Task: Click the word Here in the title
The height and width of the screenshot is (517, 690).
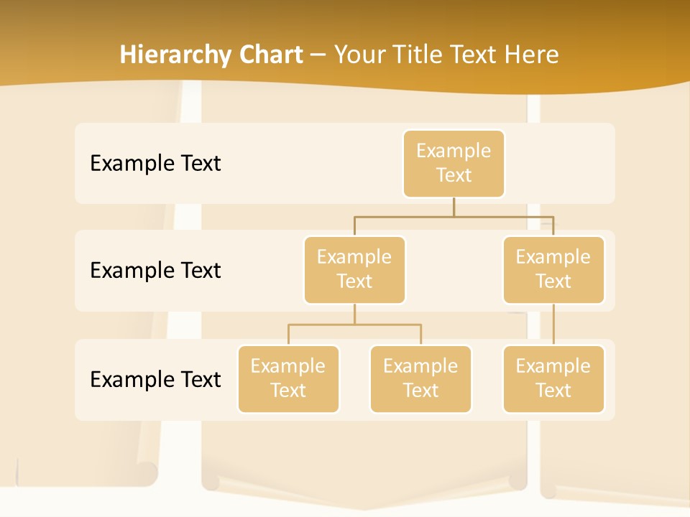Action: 531,55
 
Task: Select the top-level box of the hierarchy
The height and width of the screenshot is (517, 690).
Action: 454,163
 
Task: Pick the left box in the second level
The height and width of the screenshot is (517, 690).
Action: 354,269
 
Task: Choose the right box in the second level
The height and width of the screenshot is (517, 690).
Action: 553,269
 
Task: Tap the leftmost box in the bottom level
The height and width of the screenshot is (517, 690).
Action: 288,378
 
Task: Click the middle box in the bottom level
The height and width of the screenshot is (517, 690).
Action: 420,378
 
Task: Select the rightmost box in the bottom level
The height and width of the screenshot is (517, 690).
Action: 553,378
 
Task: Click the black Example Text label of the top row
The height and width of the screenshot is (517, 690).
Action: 155,163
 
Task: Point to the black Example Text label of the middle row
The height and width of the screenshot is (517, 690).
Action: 155,270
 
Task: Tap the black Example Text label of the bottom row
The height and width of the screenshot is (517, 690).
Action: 155,379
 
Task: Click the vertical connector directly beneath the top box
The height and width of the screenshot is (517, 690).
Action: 454,207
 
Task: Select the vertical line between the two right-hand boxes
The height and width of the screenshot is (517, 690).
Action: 553,325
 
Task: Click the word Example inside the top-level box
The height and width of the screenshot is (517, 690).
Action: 454,151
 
